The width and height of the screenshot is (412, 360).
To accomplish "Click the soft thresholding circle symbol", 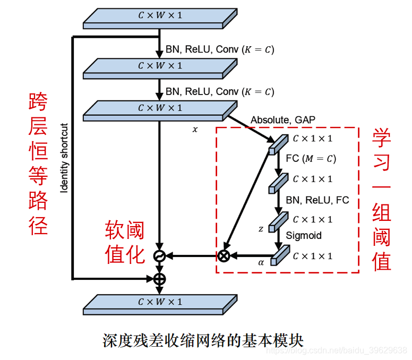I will pos(159,256).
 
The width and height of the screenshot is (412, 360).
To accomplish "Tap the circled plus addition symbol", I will pos(159,278).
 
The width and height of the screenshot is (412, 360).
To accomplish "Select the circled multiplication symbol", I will pos(224,256).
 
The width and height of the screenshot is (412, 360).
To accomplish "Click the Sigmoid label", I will pos(304,235).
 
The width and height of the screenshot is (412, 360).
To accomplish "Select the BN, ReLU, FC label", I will pos(317,200).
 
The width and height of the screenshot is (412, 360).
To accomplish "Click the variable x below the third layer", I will pos(194,129).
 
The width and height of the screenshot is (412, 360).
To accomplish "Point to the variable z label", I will pos(260,229).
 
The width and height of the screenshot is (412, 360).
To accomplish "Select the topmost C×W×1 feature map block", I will pos(159,19).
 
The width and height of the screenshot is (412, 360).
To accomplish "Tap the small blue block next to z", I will pos(277,222).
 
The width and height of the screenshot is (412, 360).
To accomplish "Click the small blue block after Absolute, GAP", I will pos(277,144).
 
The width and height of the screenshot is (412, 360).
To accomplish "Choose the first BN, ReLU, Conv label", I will pos(220,49).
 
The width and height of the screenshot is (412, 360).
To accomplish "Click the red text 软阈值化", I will pos(124,242).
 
